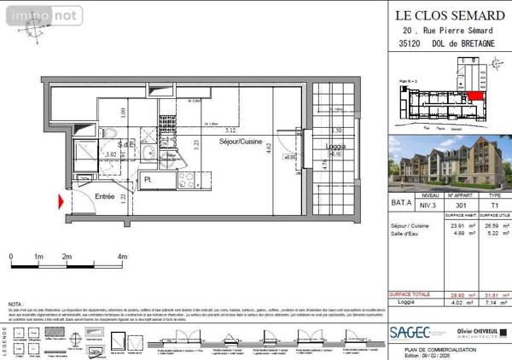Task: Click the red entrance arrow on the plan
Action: tap(61, 202)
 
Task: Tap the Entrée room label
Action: tap(105, 196)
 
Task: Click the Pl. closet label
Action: tap(148, 180)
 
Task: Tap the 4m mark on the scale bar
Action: tap(122, 256)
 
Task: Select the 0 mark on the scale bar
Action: tap(10, 256)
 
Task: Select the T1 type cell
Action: tap(490, 204)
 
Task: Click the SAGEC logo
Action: tap(410, 333)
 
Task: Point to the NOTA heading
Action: tap(16, 304)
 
